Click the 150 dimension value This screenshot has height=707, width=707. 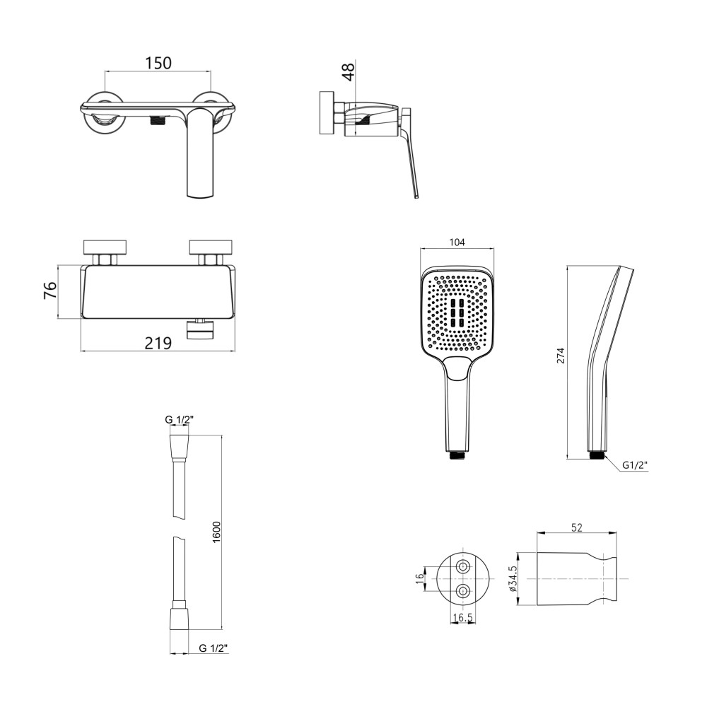coord(158,63)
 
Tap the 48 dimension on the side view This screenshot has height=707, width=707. coord(349,71)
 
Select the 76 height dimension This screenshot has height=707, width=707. coord(50,290)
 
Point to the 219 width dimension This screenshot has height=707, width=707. coord(158,343)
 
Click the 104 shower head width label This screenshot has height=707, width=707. coord(457,242)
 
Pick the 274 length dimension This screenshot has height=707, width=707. coord(561,356)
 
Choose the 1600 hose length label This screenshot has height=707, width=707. coord(216,532)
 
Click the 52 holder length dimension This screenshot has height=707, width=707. coord(577,527)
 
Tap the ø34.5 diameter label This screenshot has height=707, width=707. coord(513,578)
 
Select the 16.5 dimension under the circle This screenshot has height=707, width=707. coord(463,617)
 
